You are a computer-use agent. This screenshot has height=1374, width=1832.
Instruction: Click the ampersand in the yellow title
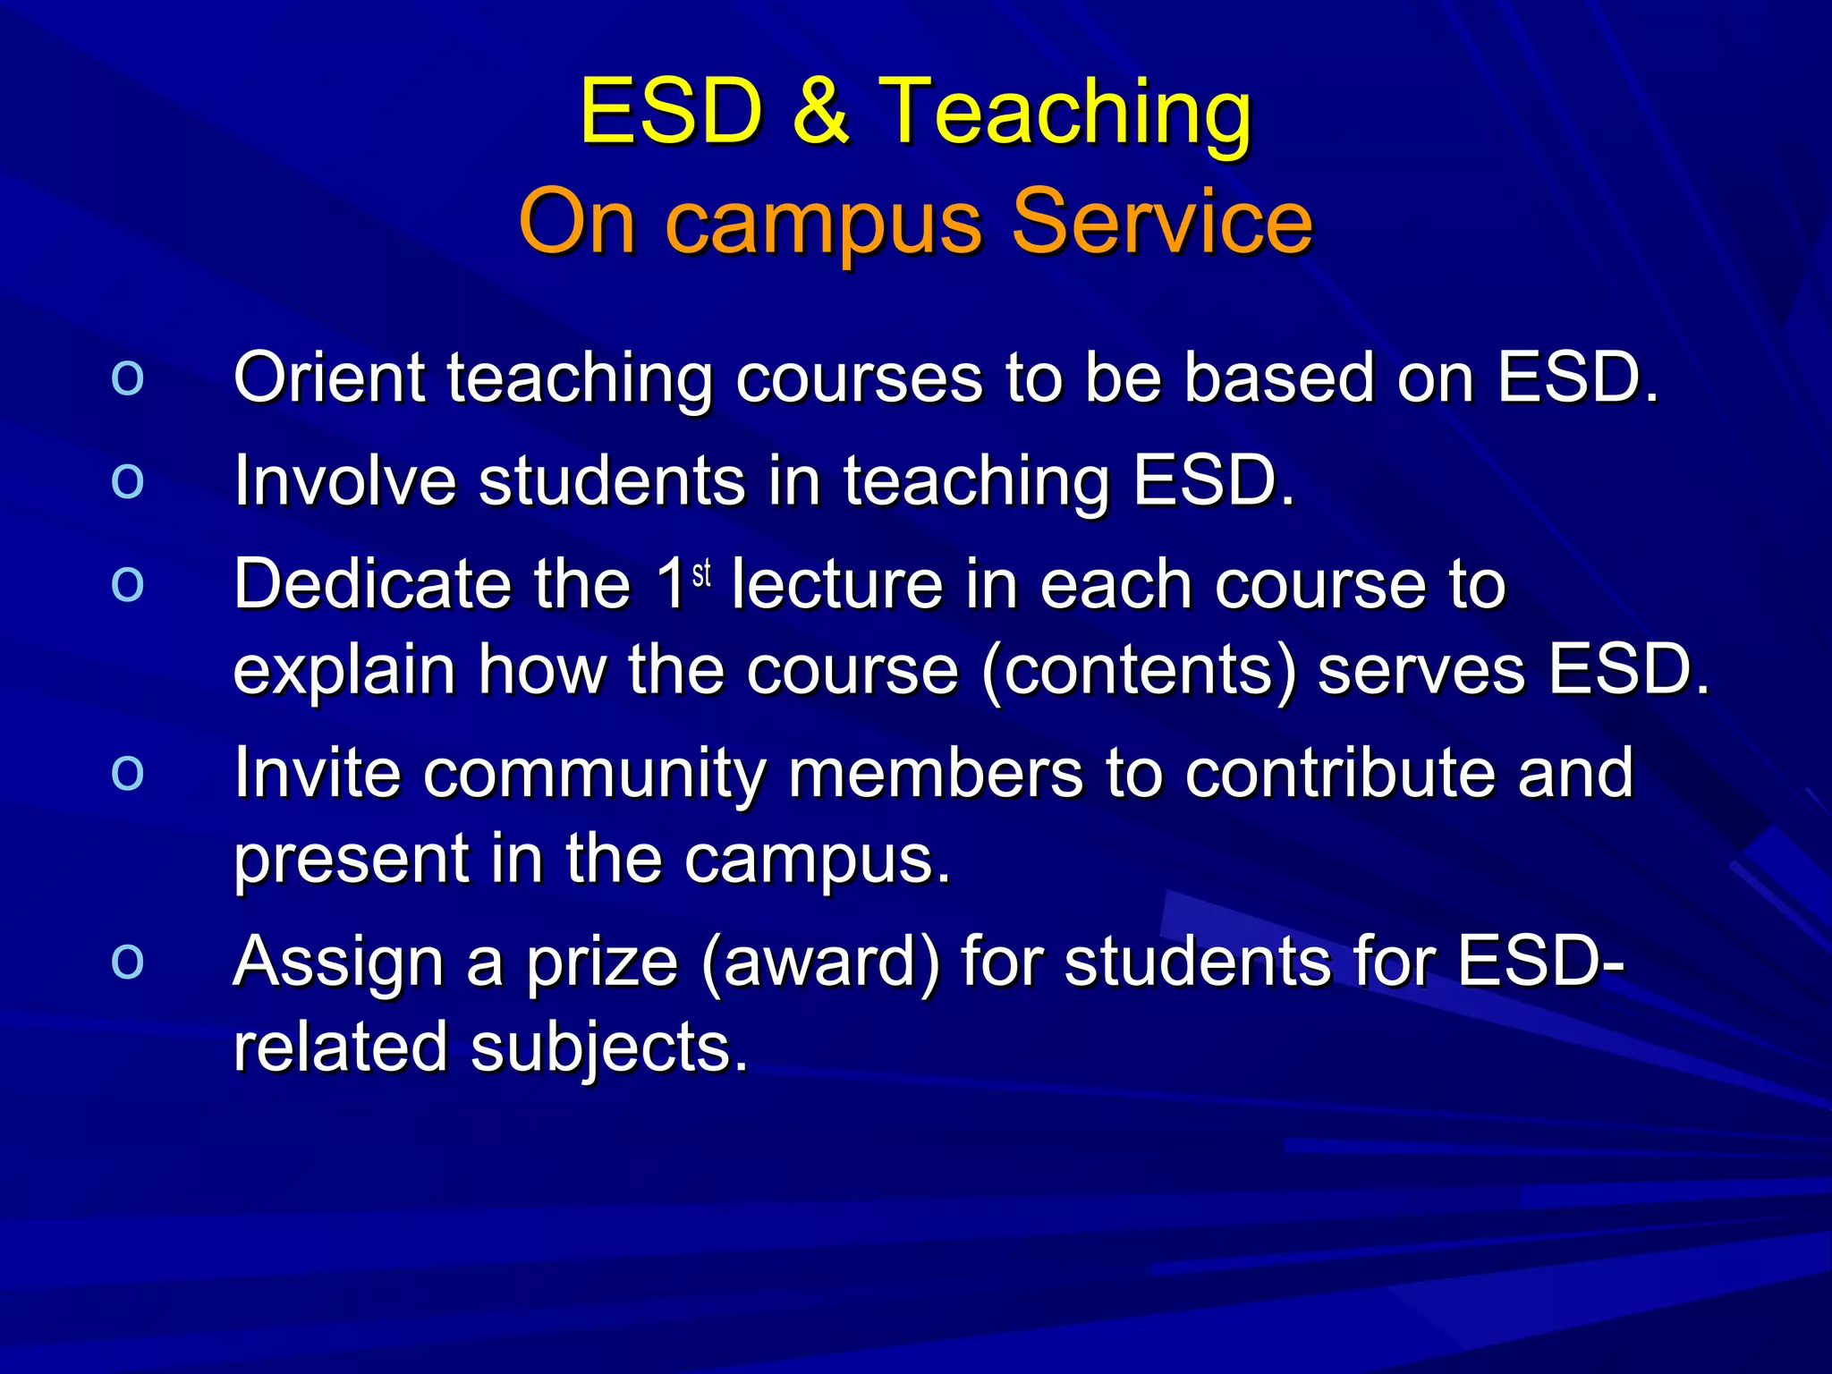click(821, 111)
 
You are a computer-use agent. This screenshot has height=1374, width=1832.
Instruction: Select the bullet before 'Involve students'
click(128, 480)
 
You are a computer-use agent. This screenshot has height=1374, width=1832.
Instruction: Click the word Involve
click(344, 480)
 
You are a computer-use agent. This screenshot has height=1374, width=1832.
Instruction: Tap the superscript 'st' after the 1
click(702, 572)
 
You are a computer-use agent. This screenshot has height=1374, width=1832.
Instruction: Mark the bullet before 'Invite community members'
click(128, 772)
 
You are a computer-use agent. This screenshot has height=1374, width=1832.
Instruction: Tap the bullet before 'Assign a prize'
click(128, 962)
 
